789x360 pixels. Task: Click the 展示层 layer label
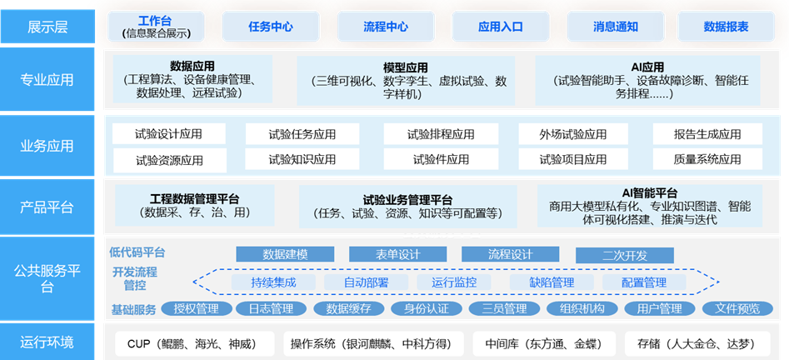pyautogui.click(x=47, y=27)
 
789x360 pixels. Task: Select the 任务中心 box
pyautogui.click(x=271, y=27)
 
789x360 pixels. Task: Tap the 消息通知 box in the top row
pyautogui.click(x=615, y=27)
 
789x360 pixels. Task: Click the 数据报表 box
pyautogui.click(x=726, y=27)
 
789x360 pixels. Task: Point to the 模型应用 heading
pyautogui.click(x=405, y=67)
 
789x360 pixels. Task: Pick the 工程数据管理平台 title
pyautogui.click(x=194, y=199)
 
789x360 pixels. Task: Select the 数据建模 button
pyautogui.click(x=285, y=254)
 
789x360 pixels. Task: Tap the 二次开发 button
pyautogui.click(x=624, y=255)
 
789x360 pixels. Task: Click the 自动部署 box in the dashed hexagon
pyautogui.click(x=366, y=282)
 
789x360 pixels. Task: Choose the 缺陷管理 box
pyautogui.click(x=552, y=282)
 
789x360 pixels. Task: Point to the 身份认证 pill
pyautogui.click(x=427, y=309)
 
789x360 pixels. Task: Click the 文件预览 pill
pyautogui.click(x=732, y=309)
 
